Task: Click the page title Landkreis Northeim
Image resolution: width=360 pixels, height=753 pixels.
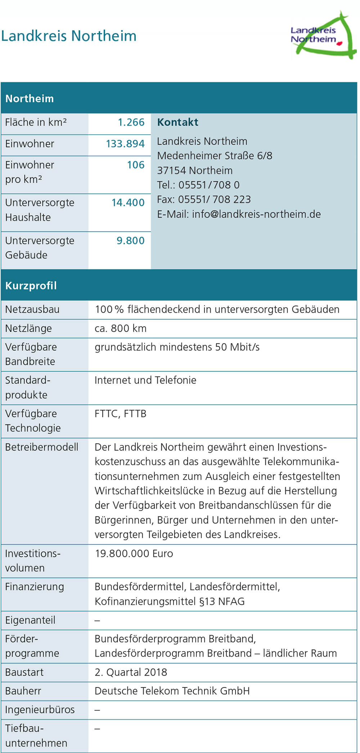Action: (69, 36)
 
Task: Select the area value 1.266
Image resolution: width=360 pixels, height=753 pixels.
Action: (131, 122)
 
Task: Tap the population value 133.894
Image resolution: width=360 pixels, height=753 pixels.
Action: (125, 144)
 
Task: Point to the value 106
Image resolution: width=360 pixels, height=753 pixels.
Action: (136, 165)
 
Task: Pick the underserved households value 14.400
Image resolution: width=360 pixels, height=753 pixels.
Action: (128, 203)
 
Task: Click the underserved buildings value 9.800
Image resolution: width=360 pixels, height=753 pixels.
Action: (130, 241)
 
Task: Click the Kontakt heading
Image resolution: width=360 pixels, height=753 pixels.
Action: (177, 122)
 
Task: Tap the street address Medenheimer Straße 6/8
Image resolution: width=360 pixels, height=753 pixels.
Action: (215, 156)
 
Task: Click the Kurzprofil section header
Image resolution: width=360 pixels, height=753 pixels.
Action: (31, 286)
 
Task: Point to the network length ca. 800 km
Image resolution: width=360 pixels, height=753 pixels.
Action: (121, 328)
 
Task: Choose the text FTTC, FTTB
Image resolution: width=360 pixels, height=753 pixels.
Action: (121, 414)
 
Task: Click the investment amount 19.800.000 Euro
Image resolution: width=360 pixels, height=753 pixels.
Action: (134, 554)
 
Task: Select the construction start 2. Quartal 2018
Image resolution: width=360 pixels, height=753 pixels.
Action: (131, 672)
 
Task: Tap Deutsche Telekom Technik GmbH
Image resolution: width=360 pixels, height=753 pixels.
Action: (172, 691)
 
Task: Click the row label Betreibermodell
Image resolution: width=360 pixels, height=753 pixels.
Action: (42, 447)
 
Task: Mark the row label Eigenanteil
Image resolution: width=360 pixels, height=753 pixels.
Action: (30, 620)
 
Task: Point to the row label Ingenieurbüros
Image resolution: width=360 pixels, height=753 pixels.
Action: (40, 710)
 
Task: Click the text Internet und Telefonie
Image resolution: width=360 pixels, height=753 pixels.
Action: (145, 380)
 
